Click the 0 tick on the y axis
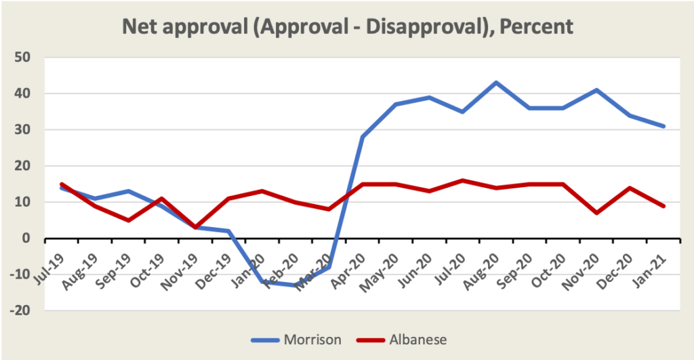[x=30, y=239]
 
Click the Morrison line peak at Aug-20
[x=495, y=83]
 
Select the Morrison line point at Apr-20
[x=363, y=137]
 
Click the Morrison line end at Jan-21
[x=664, y=126]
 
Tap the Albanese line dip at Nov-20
[x=596, y=213]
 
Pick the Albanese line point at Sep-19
[x=127, y=220]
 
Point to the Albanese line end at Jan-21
[x=664, y=206]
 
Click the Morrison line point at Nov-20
[x=596, y=89]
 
